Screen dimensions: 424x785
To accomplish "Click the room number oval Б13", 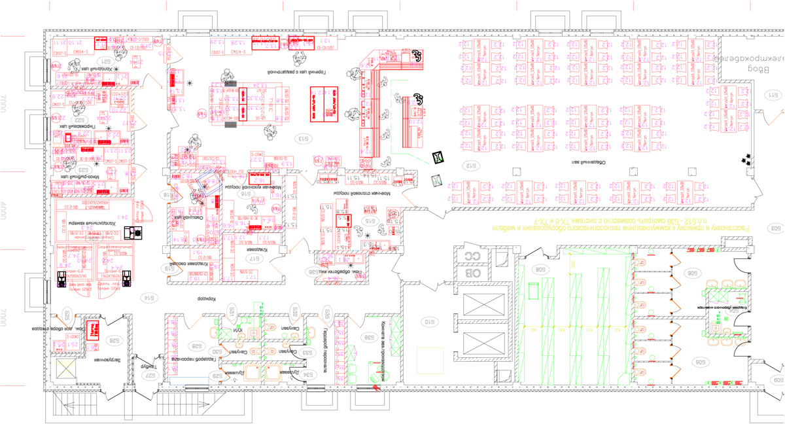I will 303,139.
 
